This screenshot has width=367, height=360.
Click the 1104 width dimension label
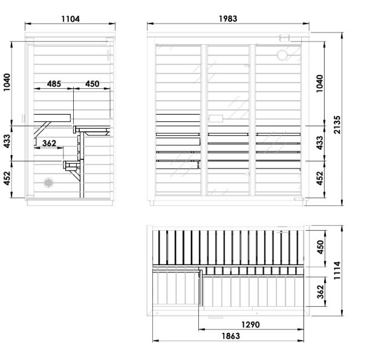71,19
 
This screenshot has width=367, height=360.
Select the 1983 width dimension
228,19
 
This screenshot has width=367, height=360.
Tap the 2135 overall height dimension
337,125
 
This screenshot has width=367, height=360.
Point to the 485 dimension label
54,83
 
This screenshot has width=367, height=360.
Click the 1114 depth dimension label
337,271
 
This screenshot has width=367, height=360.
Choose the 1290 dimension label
250,324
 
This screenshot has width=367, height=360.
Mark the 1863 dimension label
231,336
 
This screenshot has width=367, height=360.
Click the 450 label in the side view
93,83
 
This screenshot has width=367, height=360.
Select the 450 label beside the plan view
320,247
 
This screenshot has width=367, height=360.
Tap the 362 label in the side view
49,143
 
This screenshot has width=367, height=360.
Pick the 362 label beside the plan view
320,292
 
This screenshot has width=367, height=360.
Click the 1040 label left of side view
7,82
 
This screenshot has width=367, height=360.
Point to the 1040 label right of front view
320,83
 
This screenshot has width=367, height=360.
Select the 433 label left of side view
7,141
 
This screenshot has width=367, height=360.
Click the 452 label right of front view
320,178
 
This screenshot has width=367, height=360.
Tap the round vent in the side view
48,182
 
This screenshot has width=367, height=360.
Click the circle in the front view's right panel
282,55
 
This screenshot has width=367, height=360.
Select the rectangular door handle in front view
216,118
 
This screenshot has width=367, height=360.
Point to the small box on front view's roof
285,37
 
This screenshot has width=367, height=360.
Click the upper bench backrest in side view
52,118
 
